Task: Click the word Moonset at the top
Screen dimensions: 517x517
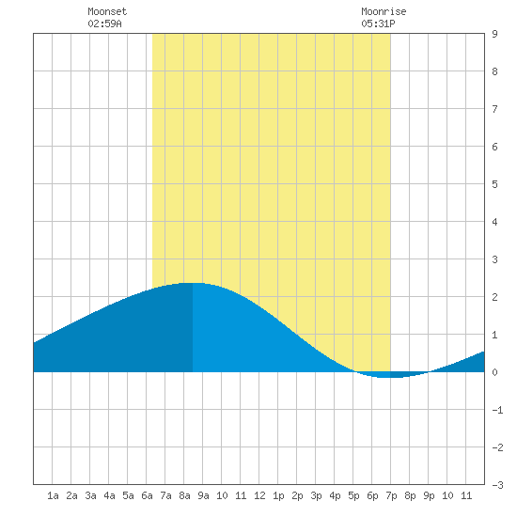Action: (107, 11)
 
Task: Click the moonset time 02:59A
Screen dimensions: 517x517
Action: (104, 23)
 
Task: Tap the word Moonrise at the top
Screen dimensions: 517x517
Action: (384, 11)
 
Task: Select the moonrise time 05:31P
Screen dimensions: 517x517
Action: (378, 23)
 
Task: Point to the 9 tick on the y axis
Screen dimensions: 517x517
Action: (494, 34)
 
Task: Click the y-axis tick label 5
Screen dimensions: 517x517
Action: (494, 184)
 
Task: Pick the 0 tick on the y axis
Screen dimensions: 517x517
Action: (494, 372)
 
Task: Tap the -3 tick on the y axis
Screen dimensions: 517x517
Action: (497, 485)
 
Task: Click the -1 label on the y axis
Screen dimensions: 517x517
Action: (497, 410)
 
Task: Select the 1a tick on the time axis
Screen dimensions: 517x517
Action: (53, 495)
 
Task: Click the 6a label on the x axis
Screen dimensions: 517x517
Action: (147, 495)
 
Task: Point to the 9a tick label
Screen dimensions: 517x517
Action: (203, 495)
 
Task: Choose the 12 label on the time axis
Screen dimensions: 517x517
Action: (259, 495)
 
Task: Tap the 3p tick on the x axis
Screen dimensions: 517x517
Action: (316, 495)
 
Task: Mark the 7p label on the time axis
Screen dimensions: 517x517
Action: (391, 495)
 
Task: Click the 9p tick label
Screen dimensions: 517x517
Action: (429, 495)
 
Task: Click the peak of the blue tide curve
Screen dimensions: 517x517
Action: (193, 283)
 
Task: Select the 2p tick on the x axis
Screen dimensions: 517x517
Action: (297, 495)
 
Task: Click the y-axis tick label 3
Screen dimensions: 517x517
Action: (494, 259)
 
